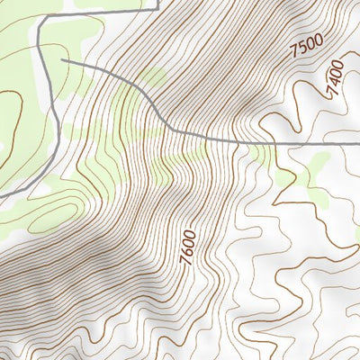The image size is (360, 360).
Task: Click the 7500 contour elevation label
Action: (x=306, y=47)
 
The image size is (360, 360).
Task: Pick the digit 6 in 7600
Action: (x=188, y=251)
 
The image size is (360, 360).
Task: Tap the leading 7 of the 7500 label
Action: (x=294, y=57)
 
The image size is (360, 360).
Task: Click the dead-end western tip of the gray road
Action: (x=62, y=60)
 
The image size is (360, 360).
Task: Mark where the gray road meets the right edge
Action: (x=359, y=143)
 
